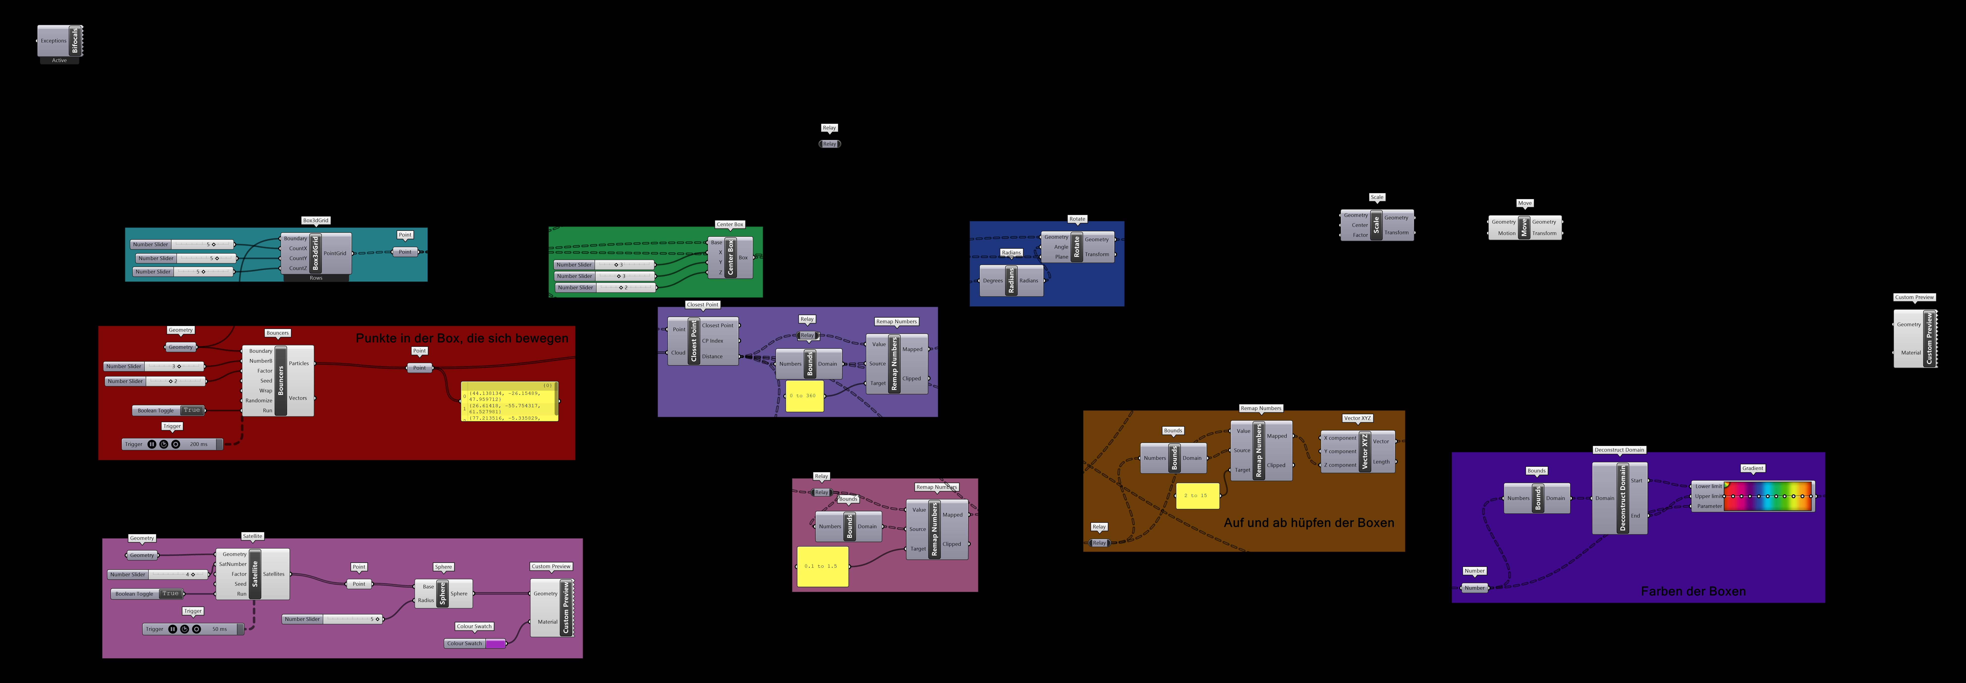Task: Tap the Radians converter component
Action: pos(1011,280)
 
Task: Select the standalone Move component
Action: pos(1524,228)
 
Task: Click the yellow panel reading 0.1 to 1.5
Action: pos(822,566)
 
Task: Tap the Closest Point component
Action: pos(694,340)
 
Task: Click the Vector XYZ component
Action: pos(1365,451)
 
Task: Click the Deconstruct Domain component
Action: pos(1623,498)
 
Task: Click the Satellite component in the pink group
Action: pos(255,574)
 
